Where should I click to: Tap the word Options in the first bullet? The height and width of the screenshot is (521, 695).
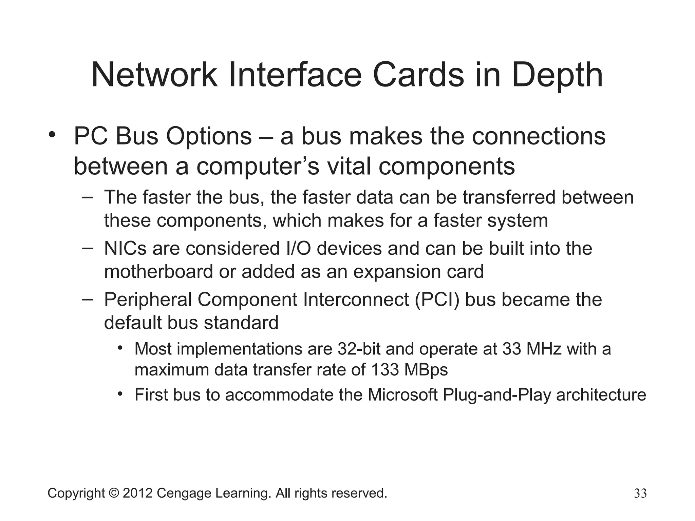209,137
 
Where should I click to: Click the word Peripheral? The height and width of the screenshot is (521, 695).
148,300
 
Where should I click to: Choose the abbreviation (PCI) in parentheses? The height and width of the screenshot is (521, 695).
437,300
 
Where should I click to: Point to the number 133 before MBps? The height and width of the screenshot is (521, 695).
385,369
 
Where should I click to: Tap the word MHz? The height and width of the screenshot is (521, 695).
544,349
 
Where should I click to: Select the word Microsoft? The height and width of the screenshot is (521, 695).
403,395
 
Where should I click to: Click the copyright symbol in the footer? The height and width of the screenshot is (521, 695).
114,493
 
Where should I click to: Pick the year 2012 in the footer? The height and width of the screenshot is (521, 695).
137,493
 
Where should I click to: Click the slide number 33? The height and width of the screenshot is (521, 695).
640,494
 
